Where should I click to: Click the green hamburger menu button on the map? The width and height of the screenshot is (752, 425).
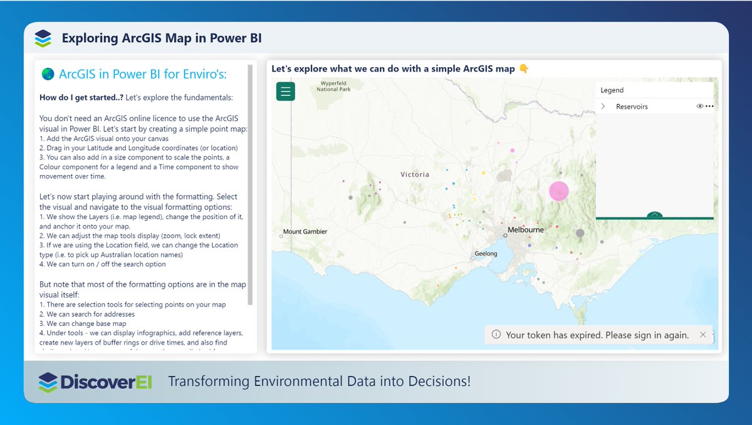tap(286, 92)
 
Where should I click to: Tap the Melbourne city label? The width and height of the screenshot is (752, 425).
tap(526, 230)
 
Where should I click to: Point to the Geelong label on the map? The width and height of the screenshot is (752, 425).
tap(486, 254)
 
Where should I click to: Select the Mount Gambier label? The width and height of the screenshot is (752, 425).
tap(305, 232)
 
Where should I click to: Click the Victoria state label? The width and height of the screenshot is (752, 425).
tap(415, 174)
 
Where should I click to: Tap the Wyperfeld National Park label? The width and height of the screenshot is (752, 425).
tap(333, 86)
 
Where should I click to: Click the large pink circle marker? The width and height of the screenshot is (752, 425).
tap(558, 191)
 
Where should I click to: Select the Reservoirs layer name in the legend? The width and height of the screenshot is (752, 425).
tap(632, 107)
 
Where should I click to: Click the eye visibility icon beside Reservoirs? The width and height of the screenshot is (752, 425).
tap(700, 107)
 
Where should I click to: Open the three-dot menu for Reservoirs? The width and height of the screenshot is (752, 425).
tap(709, 107)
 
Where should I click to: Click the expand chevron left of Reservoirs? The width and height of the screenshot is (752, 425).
tap(603, 107)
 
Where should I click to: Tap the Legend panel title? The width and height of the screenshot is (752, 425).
tap(612, 90)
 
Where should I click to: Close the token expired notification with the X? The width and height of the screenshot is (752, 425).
tap(702, 335)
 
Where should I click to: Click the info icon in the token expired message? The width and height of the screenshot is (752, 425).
tap(496, 335)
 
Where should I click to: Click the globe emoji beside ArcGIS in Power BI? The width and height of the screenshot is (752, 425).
tap(47, 74)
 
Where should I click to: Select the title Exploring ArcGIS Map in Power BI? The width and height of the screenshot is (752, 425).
tap(162, 38)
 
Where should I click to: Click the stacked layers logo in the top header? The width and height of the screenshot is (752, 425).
tap(43, 38)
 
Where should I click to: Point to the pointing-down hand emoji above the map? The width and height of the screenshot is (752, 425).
tap(524, 68)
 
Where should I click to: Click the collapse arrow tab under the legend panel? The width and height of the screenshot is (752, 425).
tap(654, 215)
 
